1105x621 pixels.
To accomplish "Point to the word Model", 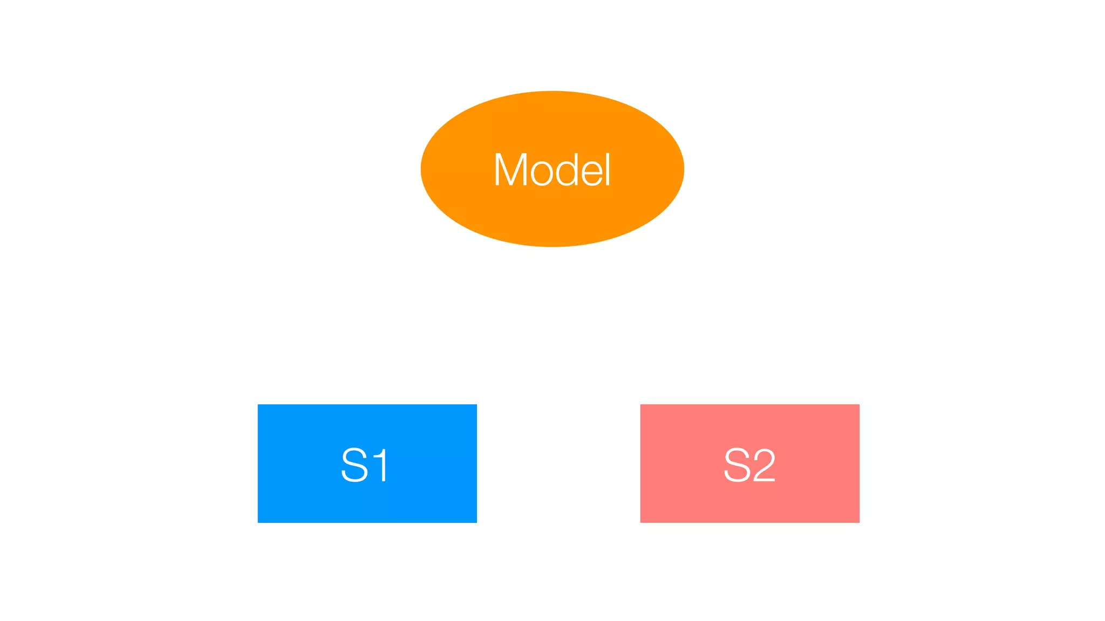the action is [552, 170].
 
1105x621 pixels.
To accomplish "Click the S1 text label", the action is [365, 465].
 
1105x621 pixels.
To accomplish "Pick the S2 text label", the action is [749, 465].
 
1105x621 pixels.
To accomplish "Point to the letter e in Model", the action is [594, 174].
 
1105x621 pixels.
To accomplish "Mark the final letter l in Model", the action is [608, 170].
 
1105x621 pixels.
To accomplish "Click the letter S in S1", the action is [354, 465].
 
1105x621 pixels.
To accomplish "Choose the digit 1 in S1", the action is [381, 465].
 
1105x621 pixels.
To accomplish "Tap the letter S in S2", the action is [736, 465].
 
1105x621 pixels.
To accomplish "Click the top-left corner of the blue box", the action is [258, 405].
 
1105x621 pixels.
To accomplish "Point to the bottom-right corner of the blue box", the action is [476, 521].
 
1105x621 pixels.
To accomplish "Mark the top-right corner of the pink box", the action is [858, 405].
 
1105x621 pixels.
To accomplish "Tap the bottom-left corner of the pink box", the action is [642, 521].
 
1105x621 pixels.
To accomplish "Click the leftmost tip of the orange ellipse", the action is [422, 169].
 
